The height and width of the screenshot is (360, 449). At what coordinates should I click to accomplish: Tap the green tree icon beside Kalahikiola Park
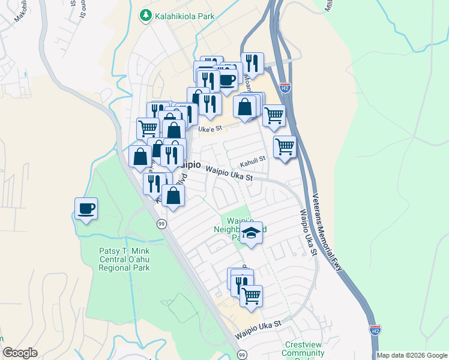pos(145,14)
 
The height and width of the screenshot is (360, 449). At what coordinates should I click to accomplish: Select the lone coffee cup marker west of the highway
pos(86,209)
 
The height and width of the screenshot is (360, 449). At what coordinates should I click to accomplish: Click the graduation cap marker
pos(252,233)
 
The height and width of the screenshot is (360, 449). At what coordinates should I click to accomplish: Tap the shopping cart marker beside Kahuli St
pos(285,146)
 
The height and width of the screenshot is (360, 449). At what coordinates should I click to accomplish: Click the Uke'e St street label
pos(210,128)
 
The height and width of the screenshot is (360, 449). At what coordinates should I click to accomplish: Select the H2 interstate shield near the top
pos(285,88)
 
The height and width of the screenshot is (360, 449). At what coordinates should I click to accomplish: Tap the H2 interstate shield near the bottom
pos(374,330)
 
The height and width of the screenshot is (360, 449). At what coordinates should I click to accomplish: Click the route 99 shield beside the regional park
pos(161,224)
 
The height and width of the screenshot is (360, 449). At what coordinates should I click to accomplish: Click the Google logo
pos(20,353)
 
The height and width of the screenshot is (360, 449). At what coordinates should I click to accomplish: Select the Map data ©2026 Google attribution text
pos(412,355)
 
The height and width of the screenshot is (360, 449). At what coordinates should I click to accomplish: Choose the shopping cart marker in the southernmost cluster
pos(251,295)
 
